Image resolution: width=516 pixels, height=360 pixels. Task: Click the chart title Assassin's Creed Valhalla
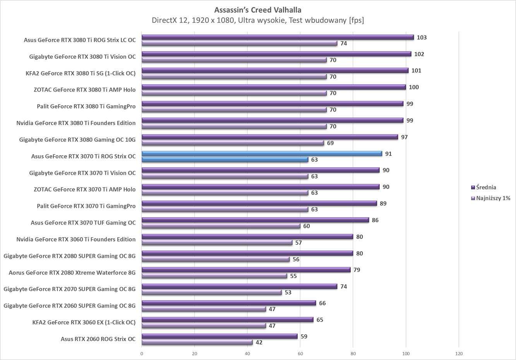tap(257, 10)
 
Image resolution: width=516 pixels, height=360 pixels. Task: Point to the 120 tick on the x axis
tap(459, 353)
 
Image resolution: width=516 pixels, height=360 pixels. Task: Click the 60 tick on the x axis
tap(300, 353)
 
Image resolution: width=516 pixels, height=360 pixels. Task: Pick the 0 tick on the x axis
tap(142, 353)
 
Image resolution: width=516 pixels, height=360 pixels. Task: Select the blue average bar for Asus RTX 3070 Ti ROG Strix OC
tap(262, 154)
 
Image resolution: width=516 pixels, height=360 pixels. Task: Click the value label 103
tap(422, 38)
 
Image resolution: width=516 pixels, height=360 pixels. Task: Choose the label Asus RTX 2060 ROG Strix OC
tap(98, 339)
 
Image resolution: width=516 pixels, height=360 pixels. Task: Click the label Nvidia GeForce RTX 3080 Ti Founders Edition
tap(76, 123)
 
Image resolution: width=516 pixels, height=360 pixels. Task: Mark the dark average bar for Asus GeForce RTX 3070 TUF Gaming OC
tap(255, 220)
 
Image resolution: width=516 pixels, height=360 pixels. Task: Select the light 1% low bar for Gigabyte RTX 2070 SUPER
tap(211, 292)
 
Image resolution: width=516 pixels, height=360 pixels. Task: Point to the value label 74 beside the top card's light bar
tap(343, 43)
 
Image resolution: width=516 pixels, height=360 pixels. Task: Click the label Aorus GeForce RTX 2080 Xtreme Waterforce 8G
tap(72, 273)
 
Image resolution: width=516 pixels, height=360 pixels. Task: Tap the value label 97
tap(404, 137)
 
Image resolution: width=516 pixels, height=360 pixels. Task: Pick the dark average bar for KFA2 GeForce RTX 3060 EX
tap(227, 320)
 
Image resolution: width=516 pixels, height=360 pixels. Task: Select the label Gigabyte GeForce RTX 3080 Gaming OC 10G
tap(77, 140)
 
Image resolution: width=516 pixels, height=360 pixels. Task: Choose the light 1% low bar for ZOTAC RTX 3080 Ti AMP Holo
tap(234, 93)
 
